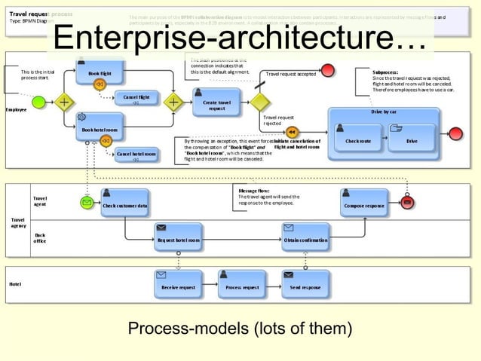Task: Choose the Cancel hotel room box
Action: coord(136,154)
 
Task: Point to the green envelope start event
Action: coord(87,203)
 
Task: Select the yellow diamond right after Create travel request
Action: coord(260,101)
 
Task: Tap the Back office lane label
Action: coord(40,238)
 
